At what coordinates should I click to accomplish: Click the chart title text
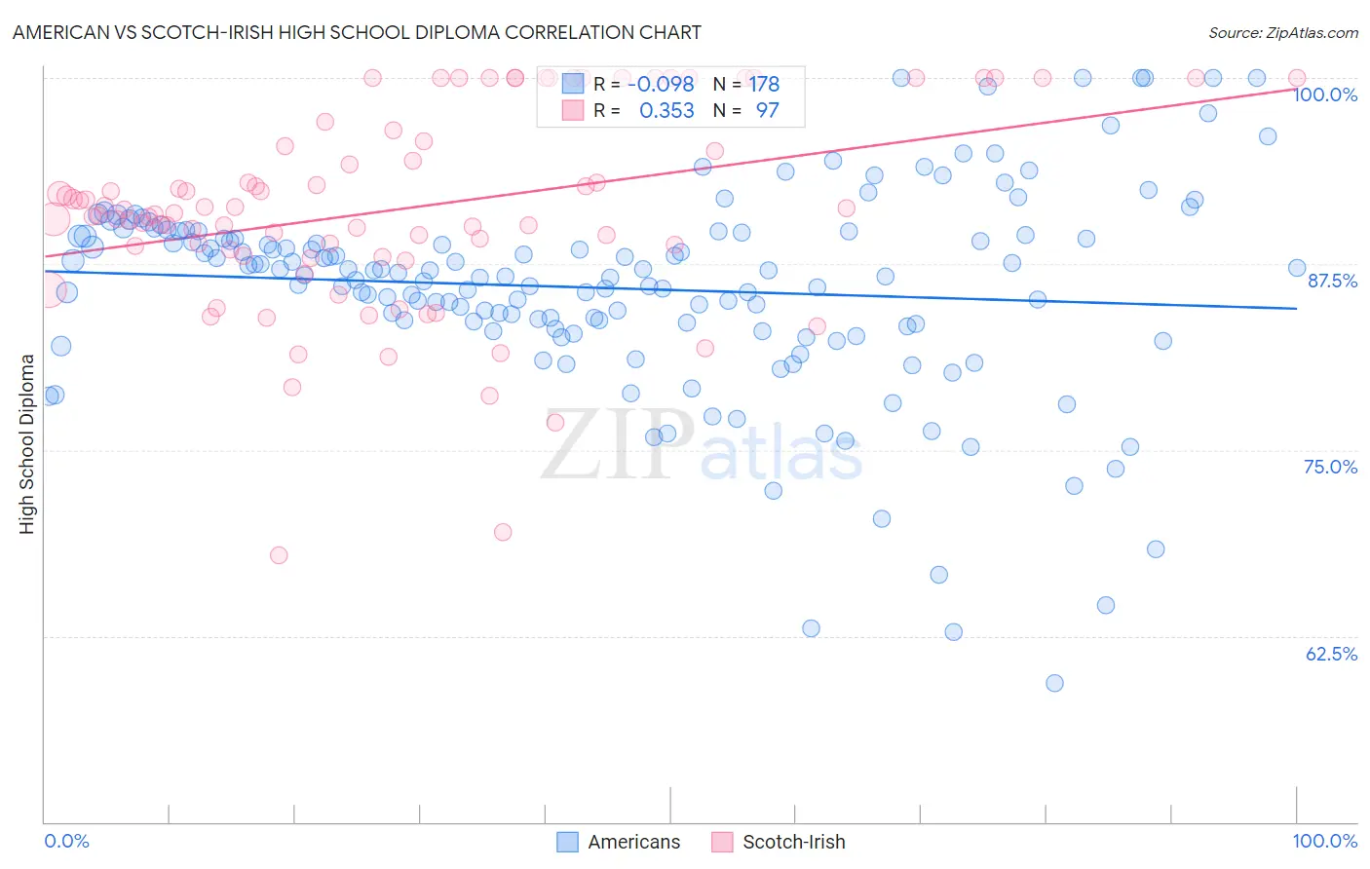(x=357, y=32)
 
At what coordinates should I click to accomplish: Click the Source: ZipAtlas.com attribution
(x=1282, y=32)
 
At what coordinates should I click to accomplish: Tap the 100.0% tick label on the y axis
(x=1325, y=94)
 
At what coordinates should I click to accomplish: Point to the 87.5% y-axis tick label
(x=1332, y=281)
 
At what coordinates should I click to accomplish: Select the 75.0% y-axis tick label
(x=1331, y=467)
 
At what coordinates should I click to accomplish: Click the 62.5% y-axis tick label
(x=1331, y=654)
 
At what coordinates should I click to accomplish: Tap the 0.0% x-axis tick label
(x=66, y=841)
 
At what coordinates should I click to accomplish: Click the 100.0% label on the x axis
(x=1324, y=841)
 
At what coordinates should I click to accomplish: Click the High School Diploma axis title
(x=27, y=443)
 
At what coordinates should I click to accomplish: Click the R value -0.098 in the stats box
(x=660, y=84)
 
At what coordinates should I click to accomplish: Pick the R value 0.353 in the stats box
(x=666, y=111)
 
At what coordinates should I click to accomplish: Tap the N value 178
(x=764, y=84)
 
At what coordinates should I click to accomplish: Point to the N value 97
(x=767, y=111)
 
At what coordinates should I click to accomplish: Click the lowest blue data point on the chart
(x=1054, y=683)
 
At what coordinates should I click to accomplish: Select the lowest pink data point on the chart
(x=279, y=555)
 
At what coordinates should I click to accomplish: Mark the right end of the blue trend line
(x=1296, y=308)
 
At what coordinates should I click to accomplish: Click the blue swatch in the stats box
(x=572, y=84)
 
